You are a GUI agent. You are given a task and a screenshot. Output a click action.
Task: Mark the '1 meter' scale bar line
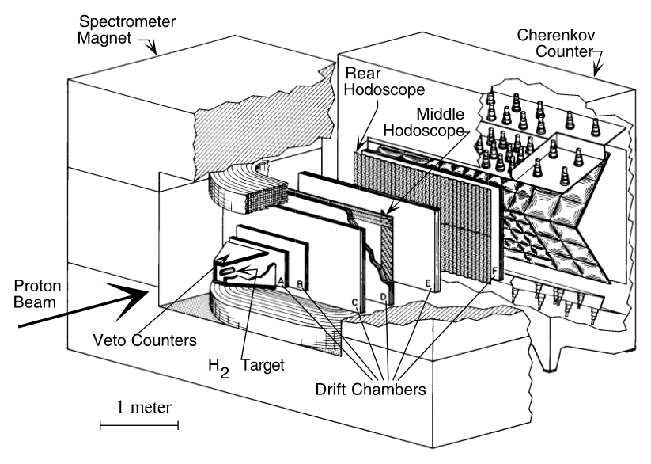138,425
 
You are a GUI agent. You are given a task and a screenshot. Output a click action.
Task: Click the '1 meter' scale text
138,407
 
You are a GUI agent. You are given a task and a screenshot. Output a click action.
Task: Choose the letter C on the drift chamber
355,303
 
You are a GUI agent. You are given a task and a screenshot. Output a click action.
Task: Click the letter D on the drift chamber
384,297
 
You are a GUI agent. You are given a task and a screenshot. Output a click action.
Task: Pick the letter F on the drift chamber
496,272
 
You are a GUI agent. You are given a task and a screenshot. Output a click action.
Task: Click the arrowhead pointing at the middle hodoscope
385,213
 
